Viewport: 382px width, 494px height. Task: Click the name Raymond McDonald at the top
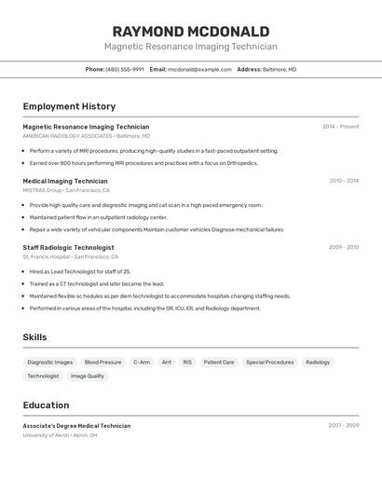190,32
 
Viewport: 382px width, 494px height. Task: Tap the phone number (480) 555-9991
125,69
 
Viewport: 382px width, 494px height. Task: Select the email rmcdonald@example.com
199,69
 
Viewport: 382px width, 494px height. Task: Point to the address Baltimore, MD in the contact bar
280,69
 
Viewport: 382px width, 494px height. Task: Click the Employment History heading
69,106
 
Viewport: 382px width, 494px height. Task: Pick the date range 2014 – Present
340,126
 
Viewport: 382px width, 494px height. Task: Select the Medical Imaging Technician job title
65,181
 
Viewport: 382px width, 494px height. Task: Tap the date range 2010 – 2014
343,181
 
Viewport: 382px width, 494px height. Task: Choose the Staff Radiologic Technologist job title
69,247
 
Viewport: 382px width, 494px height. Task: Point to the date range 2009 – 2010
343,247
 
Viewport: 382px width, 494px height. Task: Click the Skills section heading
34,337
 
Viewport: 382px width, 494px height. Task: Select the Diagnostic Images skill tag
50,362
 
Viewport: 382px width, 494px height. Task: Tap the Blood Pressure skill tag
102,362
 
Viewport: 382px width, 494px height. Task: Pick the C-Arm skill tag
142,362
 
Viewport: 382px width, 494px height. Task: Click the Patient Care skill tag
219,362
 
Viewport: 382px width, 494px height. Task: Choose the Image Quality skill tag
88,376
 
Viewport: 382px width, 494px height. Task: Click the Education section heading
46,405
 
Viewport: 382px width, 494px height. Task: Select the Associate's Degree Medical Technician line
76,425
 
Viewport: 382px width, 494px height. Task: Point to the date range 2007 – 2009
343,425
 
